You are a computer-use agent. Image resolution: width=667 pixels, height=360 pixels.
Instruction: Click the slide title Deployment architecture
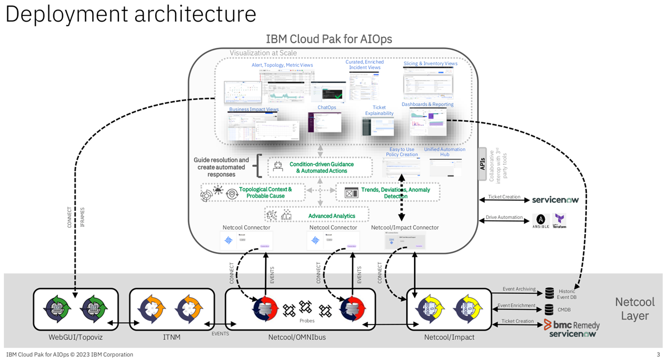(x=131, y=14)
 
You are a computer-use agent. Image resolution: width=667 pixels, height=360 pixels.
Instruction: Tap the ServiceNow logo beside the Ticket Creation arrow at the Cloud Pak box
(x=559, y=199)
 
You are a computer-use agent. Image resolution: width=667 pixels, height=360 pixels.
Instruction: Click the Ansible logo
(x=541, y=221)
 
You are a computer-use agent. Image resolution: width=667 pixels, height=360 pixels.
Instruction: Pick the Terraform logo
(x=559, y=221)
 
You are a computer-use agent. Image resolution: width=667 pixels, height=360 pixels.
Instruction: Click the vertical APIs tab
(x=482, y=164)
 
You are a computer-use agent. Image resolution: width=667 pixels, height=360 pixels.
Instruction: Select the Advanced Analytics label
(x=331, y=216)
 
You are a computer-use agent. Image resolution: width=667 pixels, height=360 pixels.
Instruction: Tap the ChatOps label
(x=327, y=107)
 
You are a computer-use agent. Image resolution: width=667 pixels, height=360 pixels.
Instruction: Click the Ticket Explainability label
(x=379, y=110)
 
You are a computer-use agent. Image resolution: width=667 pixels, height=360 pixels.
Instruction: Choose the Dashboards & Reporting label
(x=427, y=104)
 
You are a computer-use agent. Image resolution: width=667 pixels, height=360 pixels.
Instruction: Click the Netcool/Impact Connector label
(x=405, y=227)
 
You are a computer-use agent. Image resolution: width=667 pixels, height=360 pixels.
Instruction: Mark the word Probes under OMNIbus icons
(x=307, y=321)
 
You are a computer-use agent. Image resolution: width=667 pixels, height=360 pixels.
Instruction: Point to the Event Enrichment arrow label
(x=516, y=305)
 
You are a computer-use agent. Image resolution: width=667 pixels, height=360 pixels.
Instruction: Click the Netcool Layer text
(x=635, y=309)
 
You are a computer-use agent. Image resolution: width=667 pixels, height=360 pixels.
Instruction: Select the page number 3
(x=658, y=354)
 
